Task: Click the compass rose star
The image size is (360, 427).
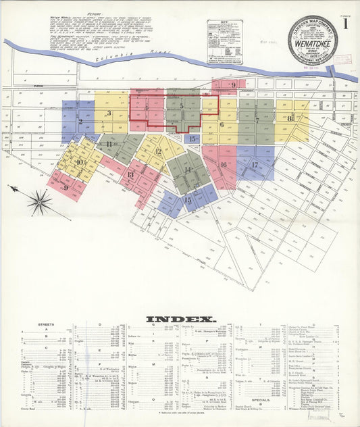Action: pos(40,201)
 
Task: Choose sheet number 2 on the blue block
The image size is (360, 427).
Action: pos(80,122)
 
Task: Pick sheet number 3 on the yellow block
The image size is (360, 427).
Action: pos(109,113)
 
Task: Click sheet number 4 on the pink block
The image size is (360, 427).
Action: pos(146,107)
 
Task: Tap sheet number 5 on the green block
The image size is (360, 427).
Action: pos(182,106)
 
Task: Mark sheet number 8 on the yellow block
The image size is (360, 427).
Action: pos(290,119)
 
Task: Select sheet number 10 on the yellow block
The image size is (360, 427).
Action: pos(80,161)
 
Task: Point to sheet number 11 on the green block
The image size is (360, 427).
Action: pos(109,144)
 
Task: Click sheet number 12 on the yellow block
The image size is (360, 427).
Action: pos(158,151)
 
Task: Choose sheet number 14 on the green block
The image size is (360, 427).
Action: pos(188,169)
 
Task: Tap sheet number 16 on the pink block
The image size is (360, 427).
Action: pos(223,164)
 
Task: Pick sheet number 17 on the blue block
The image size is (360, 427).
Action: pos(255,165)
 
